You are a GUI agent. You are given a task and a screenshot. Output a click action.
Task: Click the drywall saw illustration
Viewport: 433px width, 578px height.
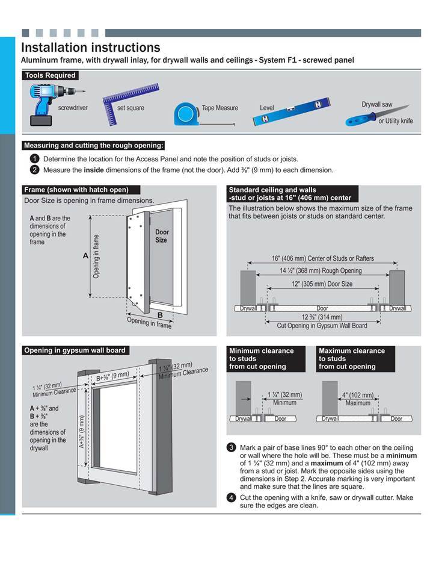(x=368, y=116)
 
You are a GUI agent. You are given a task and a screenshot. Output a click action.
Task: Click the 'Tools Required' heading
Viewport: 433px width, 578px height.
(x=50, y=75)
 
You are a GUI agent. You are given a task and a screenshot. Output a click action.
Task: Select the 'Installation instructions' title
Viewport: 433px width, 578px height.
(x=90, y=47)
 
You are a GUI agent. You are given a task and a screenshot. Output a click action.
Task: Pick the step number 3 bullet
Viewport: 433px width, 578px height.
(x=231, y=447)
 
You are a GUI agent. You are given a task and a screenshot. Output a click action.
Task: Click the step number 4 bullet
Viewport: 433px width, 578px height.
(x=231, y=497)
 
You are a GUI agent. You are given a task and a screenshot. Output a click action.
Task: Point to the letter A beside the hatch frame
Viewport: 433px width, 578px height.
(x=85, y=256)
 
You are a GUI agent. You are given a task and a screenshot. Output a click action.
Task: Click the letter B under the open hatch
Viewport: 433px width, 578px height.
(x=160, y=314)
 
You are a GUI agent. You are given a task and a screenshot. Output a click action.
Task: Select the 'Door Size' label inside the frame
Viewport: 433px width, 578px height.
(x=162, y=236)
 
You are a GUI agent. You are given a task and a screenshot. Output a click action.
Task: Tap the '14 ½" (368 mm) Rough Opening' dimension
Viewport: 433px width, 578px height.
(x=322, y=271)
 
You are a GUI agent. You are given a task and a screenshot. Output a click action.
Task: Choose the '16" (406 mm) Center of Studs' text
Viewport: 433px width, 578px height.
(x=322, y=258)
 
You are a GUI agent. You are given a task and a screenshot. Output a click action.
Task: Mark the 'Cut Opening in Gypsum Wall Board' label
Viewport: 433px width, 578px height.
(x=321, y=326)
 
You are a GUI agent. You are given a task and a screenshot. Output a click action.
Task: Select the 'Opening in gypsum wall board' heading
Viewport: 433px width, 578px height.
(x=75, y=350)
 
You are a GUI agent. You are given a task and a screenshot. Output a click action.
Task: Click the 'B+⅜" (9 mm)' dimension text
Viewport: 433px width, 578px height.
(x=113, y=376)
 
